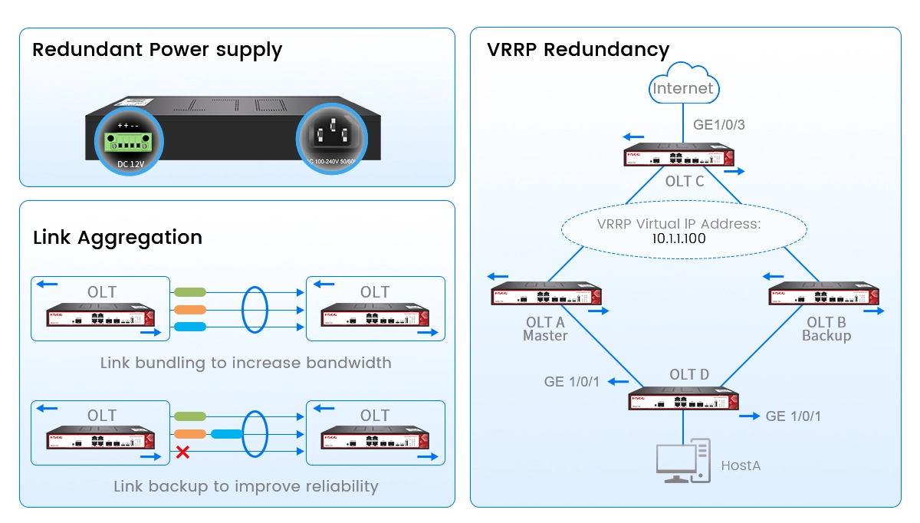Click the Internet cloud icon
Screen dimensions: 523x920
point(682,86)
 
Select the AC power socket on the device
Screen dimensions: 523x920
point(332,136)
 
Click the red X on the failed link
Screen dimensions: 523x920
point(182,452)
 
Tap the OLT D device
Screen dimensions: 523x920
point(683,400)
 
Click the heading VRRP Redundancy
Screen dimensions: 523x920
point(578,50)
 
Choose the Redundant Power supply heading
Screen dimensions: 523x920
point(157,51)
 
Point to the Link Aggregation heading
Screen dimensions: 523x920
point(117,237)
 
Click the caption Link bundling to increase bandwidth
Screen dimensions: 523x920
point(245,363)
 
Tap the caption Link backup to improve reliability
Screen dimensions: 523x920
point(245,486)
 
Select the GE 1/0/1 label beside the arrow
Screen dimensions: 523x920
point(793,416)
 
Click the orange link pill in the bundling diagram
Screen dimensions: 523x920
point(190,310)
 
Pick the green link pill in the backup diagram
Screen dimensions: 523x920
point(190,416)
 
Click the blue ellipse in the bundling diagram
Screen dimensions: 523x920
point(254,310)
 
